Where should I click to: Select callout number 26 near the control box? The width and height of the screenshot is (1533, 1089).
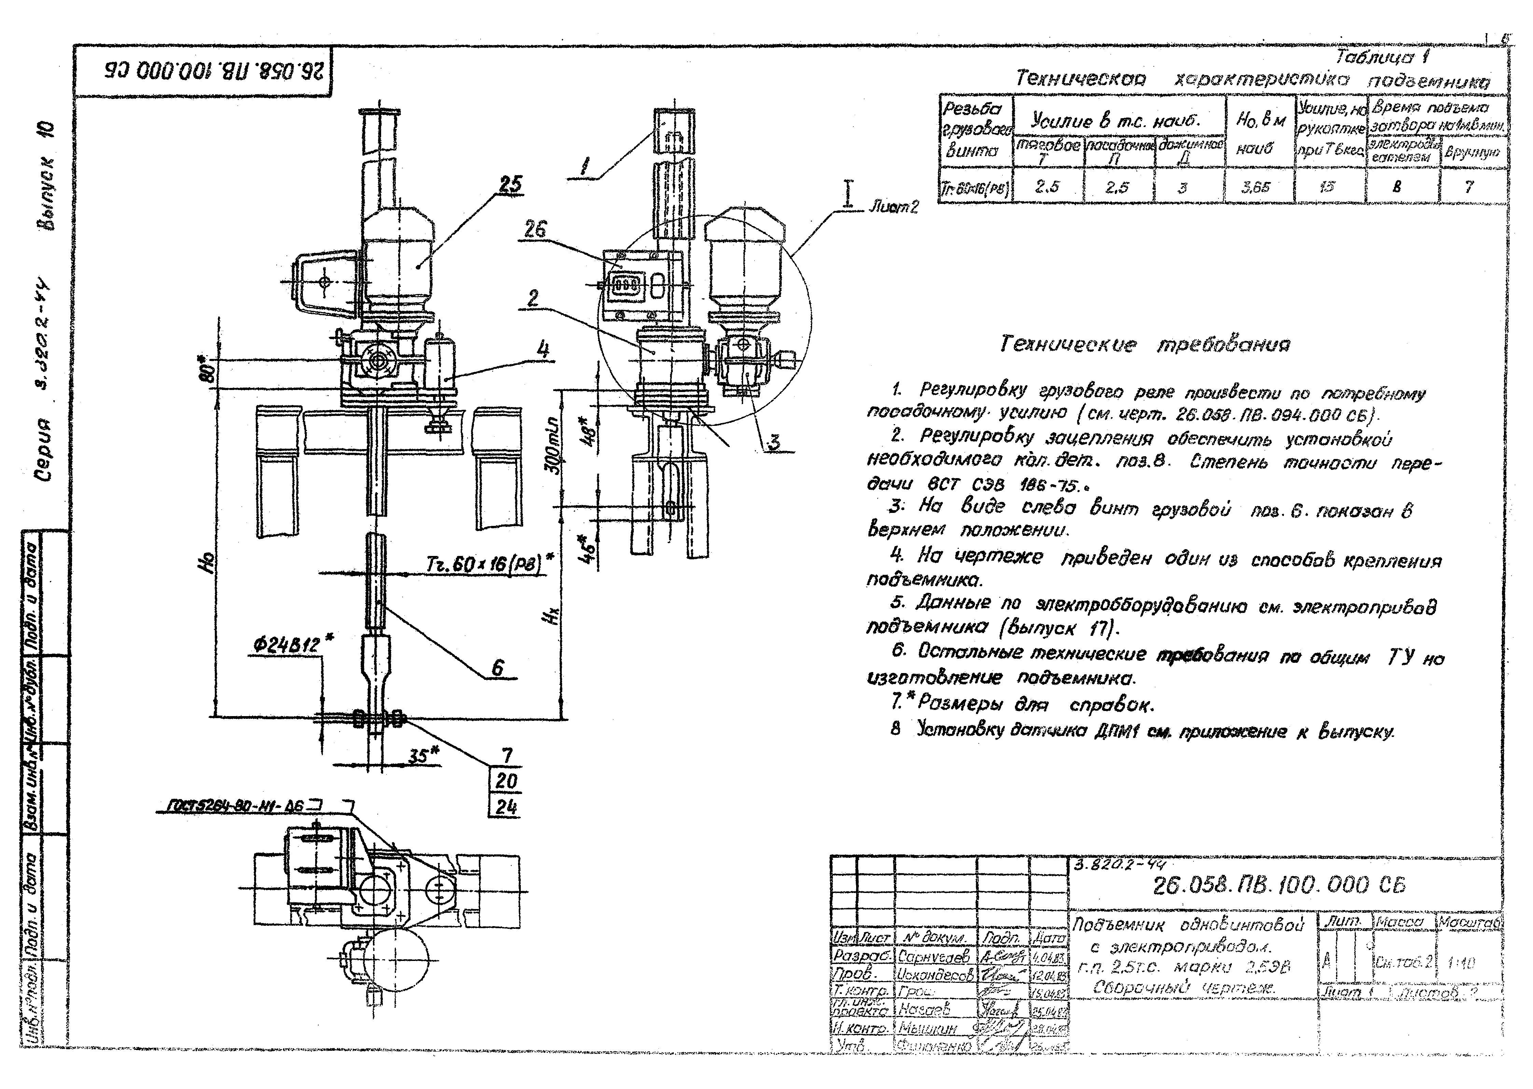click(x=534, y=230)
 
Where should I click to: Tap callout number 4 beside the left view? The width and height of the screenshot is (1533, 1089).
click(x=543, y=349)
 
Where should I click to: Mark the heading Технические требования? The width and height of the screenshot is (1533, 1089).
click(x=1144, y=345)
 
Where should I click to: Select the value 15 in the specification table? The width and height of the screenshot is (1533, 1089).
click(x=1326, y=187)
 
